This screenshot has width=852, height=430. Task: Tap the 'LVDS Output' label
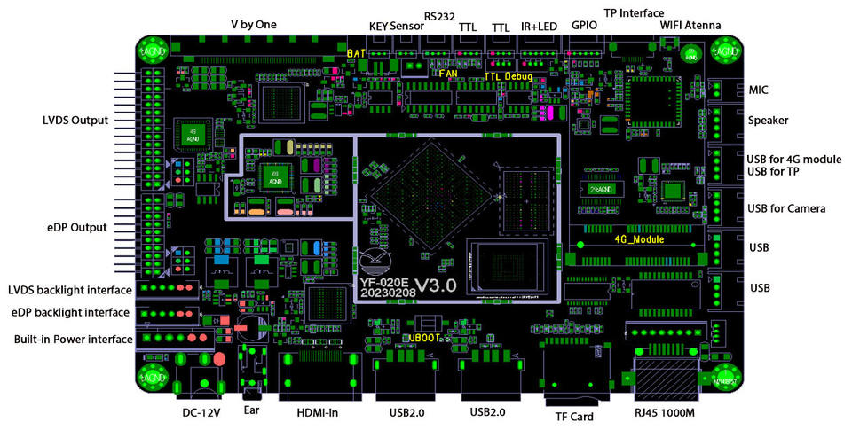[x=75, y=120]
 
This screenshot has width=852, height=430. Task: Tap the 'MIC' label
[x=759, y=90]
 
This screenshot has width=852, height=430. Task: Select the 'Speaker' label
[x=769, y=121]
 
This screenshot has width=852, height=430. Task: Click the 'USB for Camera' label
[x=787, y=209]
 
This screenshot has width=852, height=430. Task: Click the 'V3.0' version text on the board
[x=438, y=285]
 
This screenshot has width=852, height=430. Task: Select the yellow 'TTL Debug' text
[x=508, y=77]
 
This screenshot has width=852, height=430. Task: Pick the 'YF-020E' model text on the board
[x=387, y=282]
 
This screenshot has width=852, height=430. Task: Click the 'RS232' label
[x=440, y=16]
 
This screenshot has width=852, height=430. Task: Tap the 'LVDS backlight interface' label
[x=70, y=290]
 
